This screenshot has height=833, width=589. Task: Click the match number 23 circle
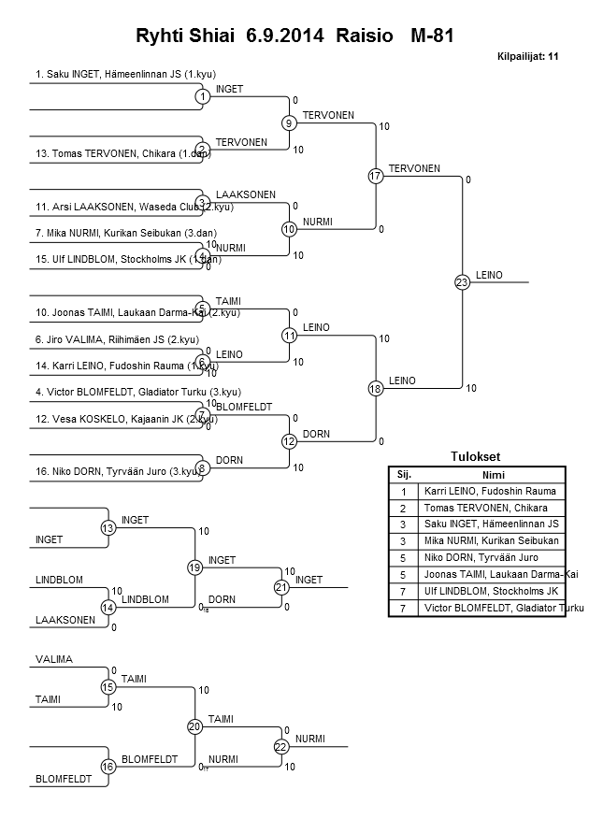click(462, 281)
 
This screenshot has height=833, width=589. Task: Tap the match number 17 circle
click(375, 176)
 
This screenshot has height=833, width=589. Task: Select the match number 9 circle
click(289, 122)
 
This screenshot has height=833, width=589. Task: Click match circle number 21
click(280, 587)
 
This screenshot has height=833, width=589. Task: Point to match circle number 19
click(194, 567)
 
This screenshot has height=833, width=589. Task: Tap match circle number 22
click(280, 746)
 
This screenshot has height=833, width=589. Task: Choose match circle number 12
click(289, 441)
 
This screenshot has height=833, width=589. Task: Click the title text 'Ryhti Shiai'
click(186, 36)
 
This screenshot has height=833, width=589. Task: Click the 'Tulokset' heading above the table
click(476, 456)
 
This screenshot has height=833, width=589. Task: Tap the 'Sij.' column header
click(404, 474)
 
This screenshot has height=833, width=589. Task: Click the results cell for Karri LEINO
click(490, 491)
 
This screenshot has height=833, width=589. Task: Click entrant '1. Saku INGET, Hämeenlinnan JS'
click(125, 73)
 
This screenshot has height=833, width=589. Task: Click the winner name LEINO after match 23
click(489, 275)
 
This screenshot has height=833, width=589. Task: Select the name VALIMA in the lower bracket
click(53, 659)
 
